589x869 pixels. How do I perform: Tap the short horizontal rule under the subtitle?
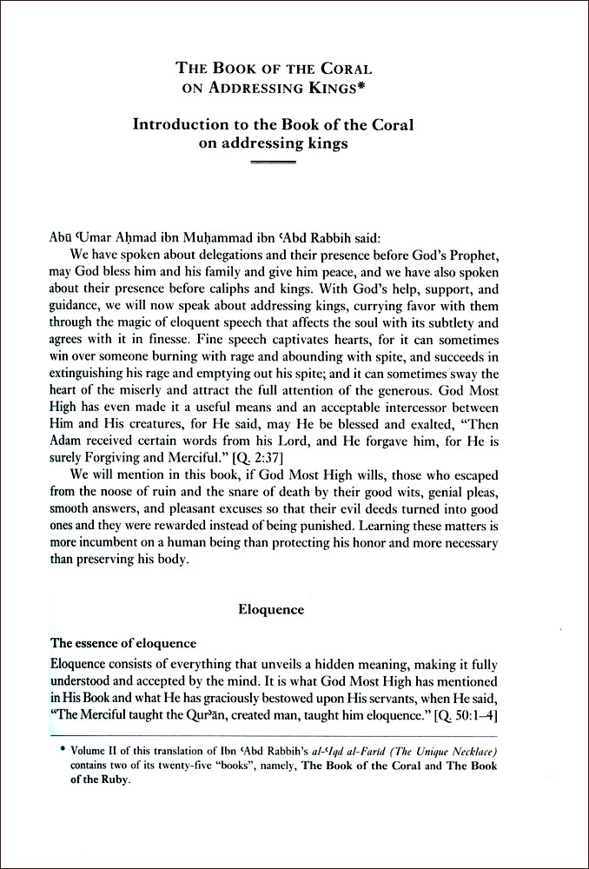pyautogui.click(x=273, y=163)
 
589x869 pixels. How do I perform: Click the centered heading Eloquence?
pyautogui.click(x=271, y=610)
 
